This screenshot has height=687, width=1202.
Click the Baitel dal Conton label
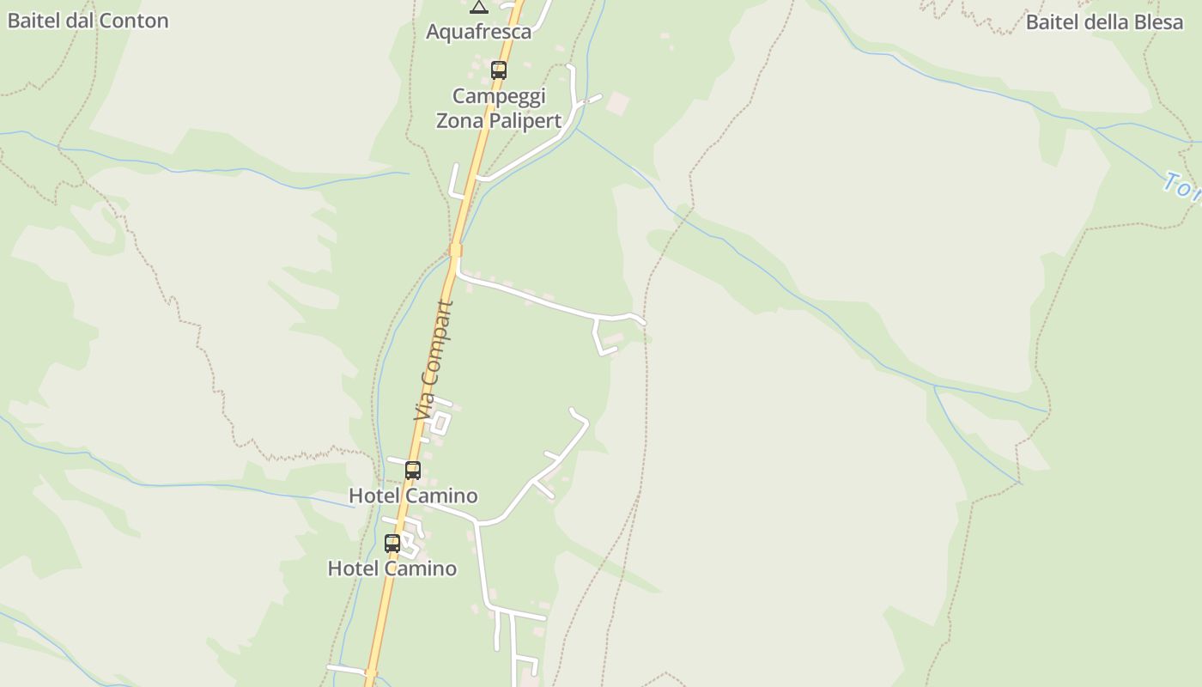coord(88,21)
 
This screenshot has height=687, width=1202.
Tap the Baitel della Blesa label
coord(1104,22)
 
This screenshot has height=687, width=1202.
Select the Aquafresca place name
coord(479,32)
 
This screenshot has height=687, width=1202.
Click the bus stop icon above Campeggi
coord(499,70)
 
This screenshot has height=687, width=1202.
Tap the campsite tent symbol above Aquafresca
coord(479,7)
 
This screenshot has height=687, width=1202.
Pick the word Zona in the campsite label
coord(460,121)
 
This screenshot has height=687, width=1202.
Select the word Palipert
coord(525,121)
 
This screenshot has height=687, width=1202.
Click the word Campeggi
coord(499,95)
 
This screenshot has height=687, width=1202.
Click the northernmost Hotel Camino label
coord(413,495)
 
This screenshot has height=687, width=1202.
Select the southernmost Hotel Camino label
coord(392,568)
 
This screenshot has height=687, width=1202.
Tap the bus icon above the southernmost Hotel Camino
coord(392,543)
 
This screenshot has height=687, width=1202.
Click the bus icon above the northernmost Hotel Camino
coord(413,470)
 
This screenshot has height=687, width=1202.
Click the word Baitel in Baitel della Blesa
coord(1052,22)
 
